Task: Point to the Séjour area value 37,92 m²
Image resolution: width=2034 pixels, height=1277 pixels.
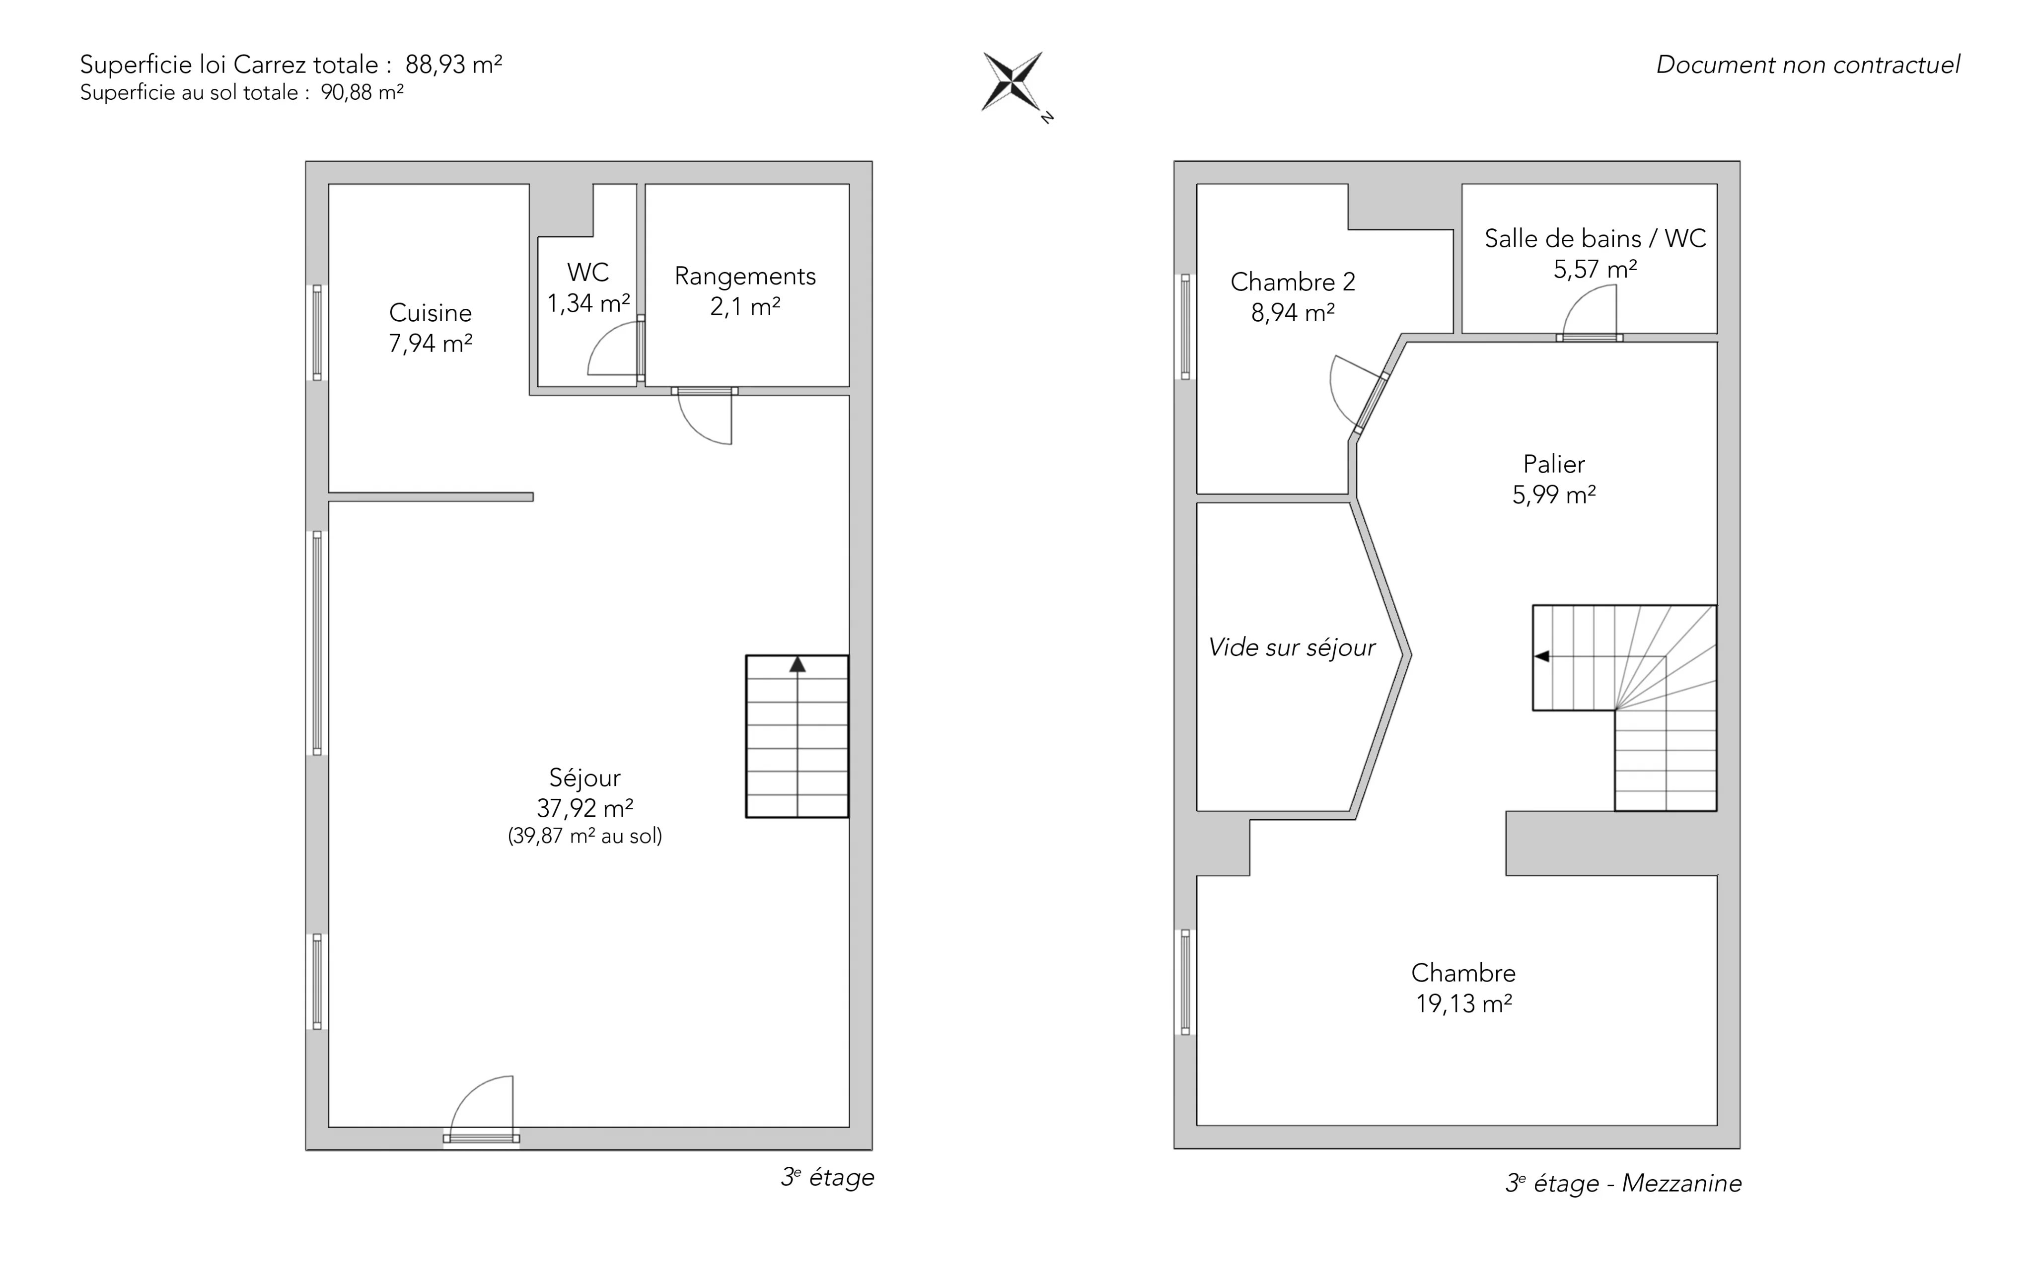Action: [x=584, y=808]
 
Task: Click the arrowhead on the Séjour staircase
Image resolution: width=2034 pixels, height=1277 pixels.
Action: [x=798, y=665]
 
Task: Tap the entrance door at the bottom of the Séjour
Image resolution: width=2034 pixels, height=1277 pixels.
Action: [x=482, y=1109]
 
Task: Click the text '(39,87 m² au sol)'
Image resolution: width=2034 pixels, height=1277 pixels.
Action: [x=584, y=836]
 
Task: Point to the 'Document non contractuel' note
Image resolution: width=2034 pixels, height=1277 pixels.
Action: [x=1808, y=65]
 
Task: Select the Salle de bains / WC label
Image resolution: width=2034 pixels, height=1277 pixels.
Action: [x=1595, y=238]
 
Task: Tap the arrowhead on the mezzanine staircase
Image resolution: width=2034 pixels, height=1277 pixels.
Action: [x=1541, y=656]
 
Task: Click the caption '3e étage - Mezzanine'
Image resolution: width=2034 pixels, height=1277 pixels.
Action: [x=1623, y=1183]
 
